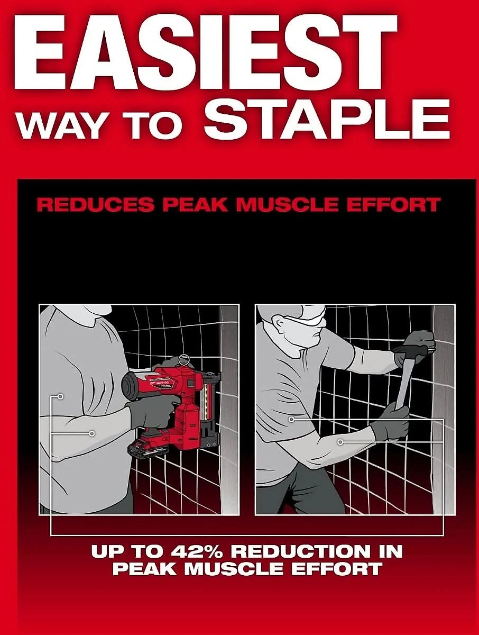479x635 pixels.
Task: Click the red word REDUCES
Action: pyautogui.click(x=95, y=205)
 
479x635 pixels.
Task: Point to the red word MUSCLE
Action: pyautogui.click(x=287, y=205)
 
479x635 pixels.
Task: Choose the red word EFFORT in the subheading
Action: pyautogui.click(x=393, y=205)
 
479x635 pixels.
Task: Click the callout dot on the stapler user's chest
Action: pyautogui.click(x=60, y=396)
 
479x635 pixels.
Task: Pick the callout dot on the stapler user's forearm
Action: pyautogui.click(x=92, y=433)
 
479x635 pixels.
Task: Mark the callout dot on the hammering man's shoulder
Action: pyautogui.click(x=291, y=419)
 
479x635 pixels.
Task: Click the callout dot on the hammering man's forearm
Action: pyautogui.click(x=340, y=442)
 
